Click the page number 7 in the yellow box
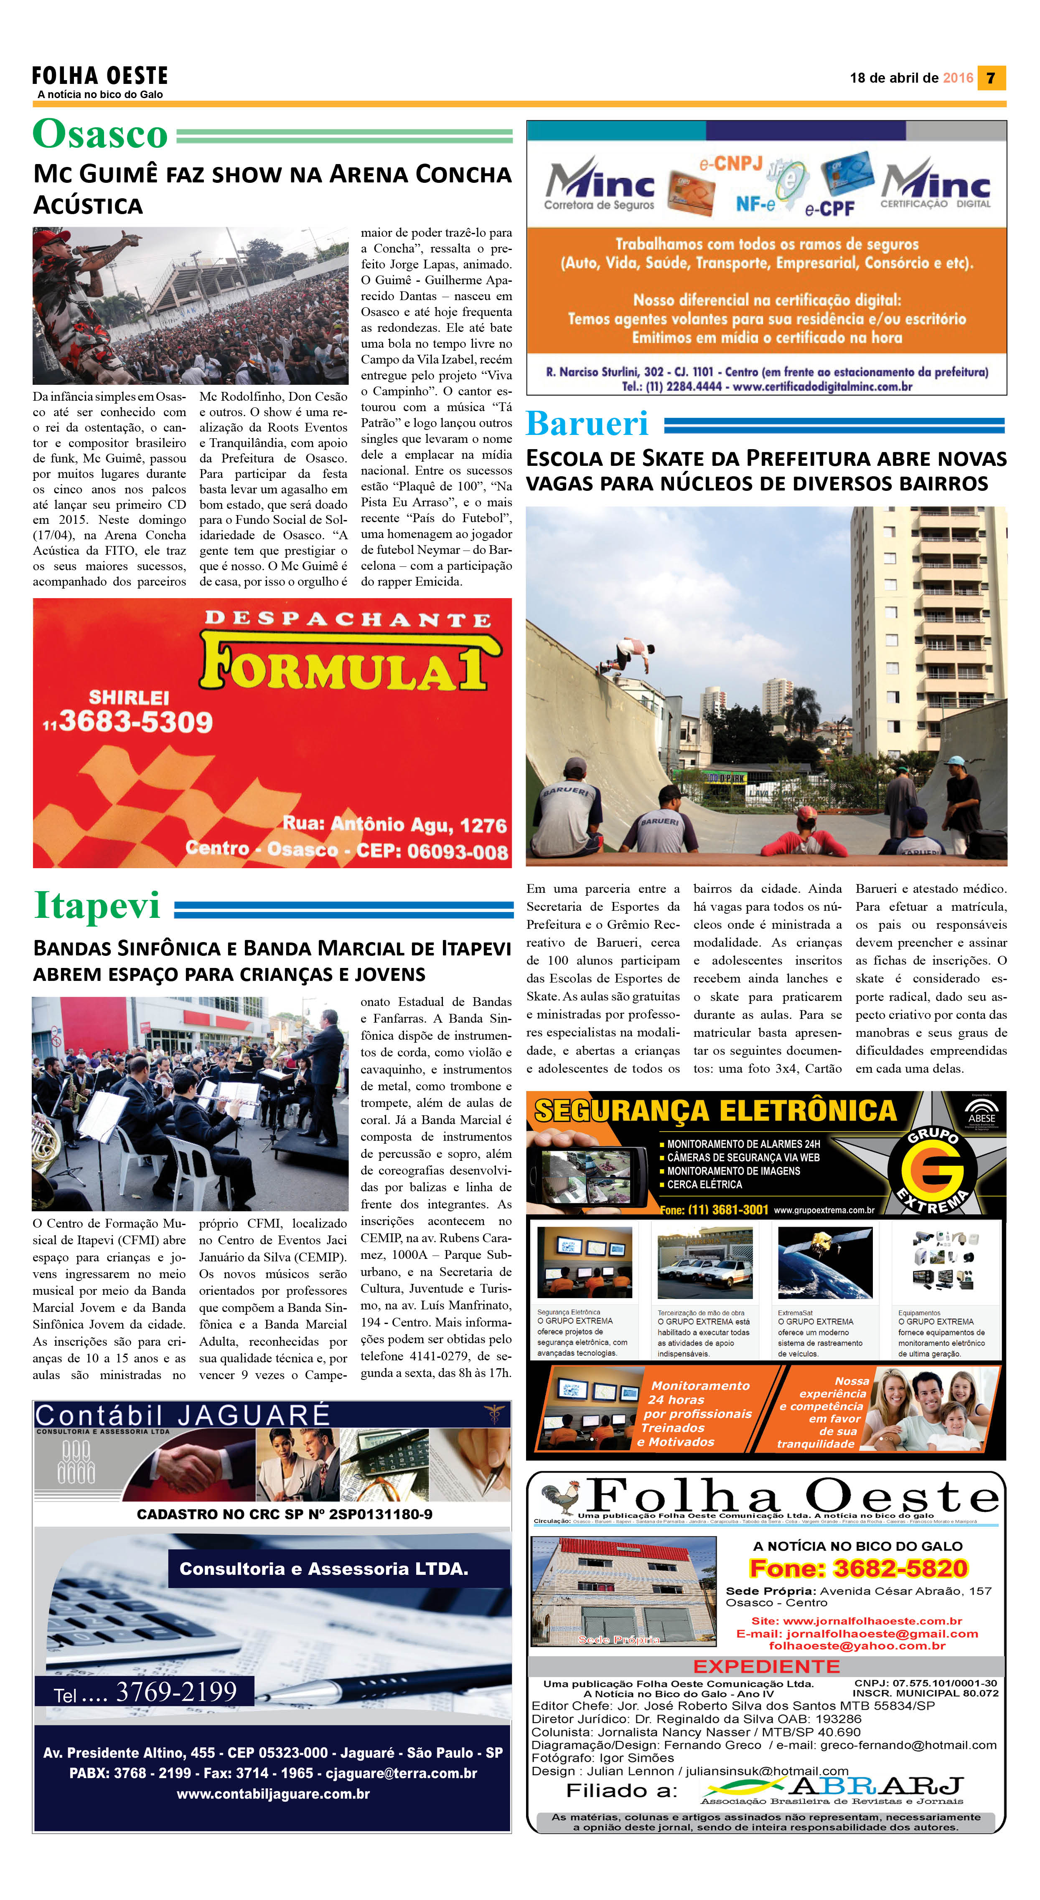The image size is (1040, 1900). coord(991,78)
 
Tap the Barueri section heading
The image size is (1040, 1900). coord(587,423)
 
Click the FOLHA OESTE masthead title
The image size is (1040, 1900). coord(99,75)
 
